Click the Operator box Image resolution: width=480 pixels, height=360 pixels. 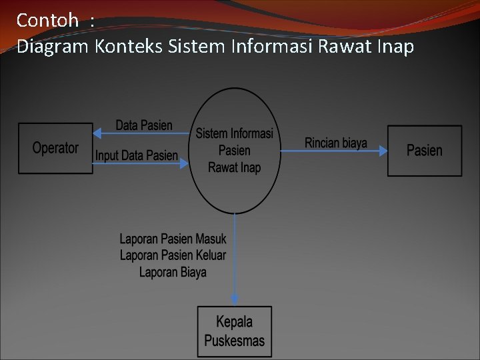click(55, 148)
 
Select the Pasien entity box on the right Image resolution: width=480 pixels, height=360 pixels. click(425, 151)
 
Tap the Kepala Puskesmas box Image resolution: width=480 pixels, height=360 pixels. click(235, 331)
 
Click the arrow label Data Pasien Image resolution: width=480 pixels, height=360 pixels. click(144, 125)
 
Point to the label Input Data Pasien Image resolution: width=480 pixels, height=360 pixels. click(137, 156)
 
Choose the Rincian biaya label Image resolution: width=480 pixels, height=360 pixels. click(336, 143)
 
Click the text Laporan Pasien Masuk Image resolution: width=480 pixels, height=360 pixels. click(173, 239)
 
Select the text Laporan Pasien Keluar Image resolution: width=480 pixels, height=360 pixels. click(173, 255)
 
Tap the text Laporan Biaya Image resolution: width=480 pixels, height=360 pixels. click(173, 272)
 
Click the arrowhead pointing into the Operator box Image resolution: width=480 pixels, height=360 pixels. click(97, 133)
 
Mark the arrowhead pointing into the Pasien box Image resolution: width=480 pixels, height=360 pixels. click(383, 151)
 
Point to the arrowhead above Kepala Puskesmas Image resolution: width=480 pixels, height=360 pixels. click(235, 301)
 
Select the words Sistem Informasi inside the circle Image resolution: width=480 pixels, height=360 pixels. click(235, 134)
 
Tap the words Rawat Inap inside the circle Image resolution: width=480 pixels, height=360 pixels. click(235, 167)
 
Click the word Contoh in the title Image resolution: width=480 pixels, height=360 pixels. click(47, 21)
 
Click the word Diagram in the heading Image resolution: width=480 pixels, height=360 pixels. click(53, 47)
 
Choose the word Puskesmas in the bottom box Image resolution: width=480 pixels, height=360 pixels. click(235, 341)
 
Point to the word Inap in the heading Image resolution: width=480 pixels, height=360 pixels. click(395, 47)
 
